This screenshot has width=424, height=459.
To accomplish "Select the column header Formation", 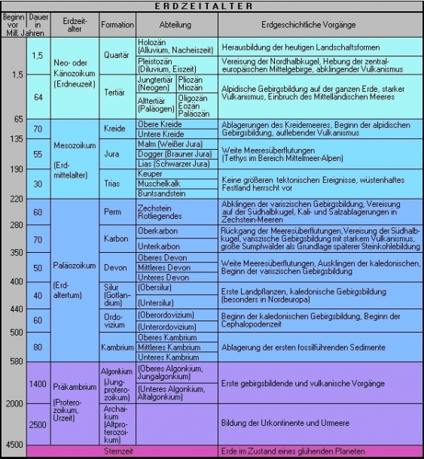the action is click(x=117, y=25).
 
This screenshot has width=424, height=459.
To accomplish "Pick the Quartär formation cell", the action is click(x=117, y=54).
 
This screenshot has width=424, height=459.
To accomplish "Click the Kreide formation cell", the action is click(x=117, y=128).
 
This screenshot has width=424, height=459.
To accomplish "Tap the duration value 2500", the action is click(x=38, y=425).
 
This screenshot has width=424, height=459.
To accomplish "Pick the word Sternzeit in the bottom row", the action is click(x=117, y=451).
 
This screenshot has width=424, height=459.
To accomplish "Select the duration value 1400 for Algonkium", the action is click(x=38, y=385).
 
